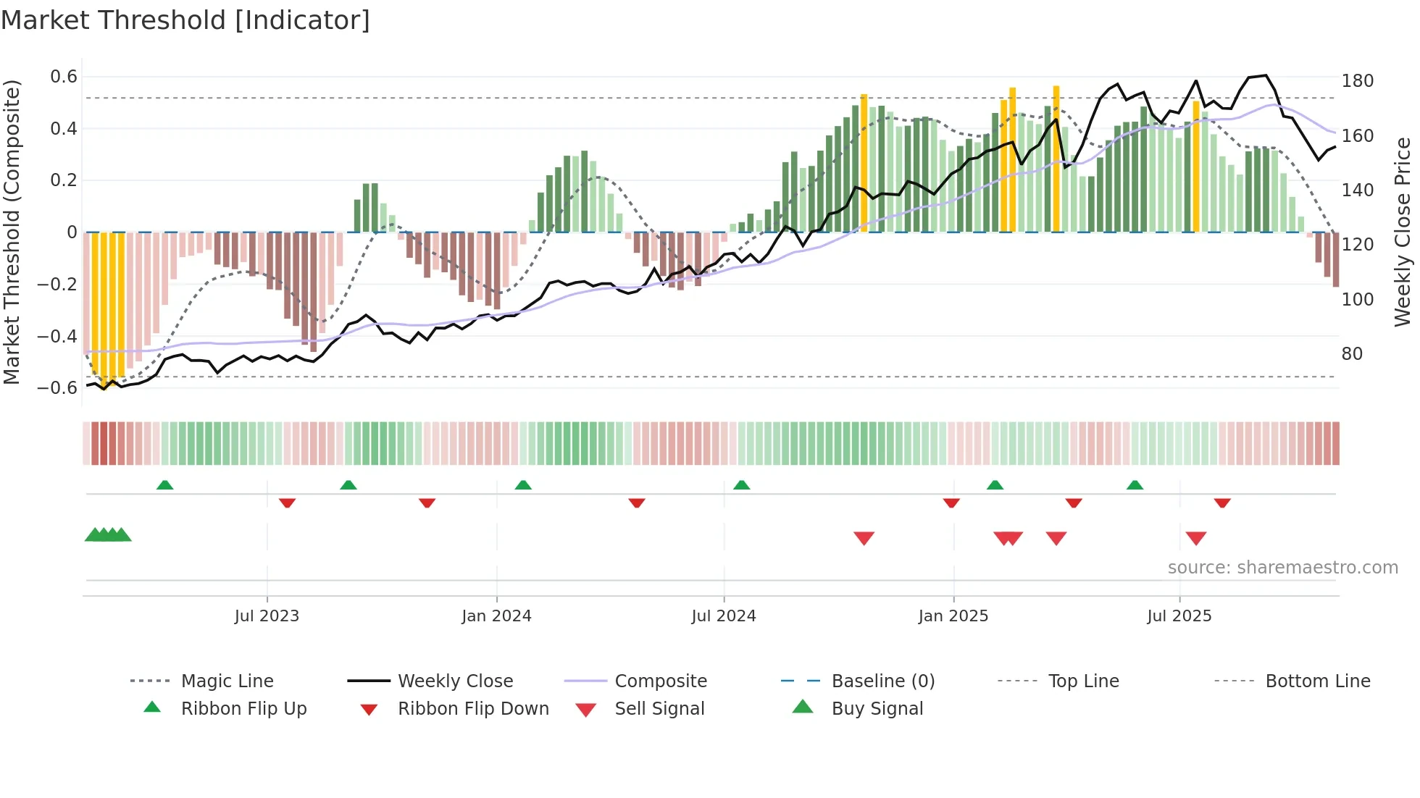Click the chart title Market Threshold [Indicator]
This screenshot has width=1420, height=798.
pos(185,20)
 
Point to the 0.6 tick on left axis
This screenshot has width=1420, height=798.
pos(64,77)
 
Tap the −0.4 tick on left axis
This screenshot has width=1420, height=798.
pos(58,336)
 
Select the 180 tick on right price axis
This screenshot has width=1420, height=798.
pos(1357,80)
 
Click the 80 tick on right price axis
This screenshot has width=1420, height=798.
pos(1352,354)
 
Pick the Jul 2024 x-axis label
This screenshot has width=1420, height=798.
pos(723,616)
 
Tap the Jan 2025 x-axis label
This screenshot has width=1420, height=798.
pos(953,616)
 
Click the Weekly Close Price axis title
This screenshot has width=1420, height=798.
pos(1403,232)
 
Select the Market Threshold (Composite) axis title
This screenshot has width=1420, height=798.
pos(12,232)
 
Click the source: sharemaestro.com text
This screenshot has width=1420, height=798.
pos(1282,568)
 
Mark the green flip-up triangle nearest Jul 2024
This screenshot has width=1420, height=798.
pos(741,485)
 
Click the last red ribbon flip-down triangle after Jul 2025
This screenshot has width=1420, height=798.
pos(1222,503)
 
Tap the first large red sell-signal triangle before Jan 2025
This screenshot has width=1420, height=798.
pos(864,538)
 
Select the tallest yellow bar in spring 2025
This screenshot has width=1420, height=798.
pos(1056,159)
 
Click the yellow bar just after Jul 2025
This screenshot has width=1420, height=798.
pos(1196,167)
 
